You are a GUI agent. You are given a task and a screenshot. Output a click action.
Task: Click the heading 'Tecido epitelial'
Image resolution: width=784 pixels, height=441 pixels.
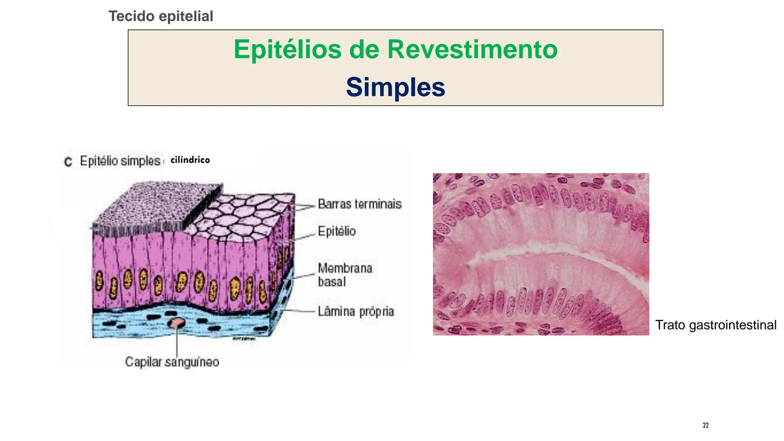coord(161,16)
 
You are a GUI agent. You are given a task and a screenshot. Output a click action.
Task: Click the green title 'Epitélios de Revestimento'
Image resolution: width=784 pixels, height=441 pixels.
coord(395,49)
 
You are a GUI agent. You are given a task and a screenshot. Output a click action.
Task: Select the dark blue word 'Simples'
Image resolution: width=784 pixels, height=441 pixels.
coord(395,87)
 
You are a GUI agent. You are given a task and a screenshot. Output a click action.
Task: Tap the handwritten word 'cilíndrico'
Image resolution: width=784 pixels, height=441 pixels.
coord(190,160)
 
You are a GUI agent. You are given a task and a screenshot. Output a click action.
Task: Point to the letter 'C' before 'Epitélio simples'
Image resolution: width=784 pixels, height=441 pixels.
coord(68,162)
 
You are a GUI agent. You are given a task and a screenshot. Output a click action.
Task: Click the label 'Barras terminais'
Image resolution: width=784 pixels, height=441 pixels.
coord(359,204)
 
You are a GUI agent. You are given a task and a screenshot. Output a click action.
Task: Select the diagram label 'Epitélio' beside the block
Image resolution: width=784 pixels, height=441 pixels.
coord(336,231)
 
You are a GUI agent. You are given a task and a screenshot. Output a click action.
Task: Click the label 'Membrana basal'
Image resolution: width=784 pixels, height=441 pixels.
coord(345,275)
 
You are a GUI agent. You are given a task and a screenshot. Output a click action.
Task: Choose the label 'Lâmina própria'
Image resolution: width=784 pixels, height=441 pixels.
coord(356,312)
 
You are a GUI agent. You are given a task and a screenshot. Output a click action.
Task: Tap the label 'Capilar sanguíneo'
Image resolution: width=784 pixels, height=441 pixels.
coord(172,362)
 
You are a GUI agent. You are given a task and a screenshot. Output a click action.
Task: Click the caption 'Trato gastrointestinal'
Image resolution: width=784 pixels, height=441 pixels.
coord(716,325)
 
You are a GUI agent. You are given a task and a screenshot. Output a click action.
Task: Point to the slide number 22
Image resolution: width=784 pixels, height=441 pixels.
coord(706,425)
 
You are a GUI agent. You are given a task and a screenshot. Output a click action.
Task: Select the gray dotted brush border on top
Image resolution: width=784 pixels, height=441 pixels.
coord(157,206)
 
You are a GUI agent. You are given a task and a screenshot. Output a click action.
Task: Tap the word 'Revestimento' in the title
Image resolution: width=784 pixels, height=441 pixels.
coord(472,49)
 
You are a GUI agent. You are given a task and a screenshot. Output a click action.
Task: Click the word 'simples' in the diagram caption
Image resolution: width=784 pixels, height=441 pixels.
coord(140,161)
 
